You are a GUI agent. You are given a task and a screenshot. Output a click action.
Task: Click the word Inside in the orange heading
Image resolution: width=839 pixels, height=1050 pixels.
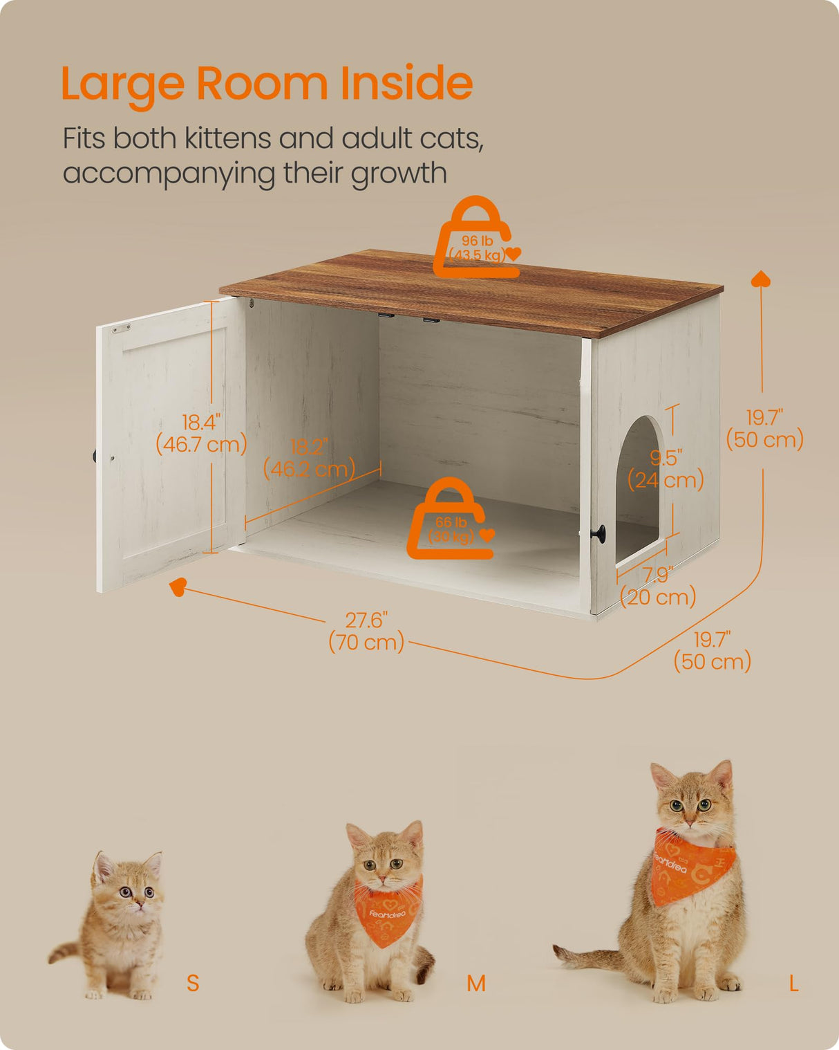pos(406,83)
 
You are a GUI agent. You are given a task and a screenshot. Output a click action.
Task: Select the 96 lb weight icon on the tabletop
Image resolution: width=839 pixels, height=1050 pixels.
pos(477,239)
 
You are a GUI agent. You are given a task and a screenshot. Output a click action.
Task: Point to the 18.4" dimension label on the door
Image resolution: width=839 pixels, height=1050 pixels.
pos(201,433)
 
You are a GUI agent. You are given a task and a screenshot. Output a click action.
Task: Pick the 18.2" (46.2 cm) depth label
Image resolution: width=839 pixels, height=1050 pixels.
pos(309,458)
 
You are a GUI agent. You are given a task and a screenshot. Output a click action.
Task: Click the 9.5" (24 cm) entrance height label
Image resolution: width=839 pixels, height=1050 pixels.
pos(666,468)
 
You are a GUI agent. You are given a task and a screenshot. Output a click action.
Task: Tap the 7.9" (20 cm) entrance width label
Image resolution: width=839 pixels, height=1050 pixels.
pos(658,586)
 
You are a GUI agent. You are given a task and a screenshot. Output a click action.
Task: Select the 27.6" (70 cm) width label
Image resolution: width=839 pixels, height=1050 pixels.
pos(366,631)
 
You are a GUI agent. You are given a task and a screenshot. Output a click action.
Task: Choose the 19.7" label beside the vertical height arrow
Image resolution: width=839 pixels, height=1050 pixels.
pos(764,428)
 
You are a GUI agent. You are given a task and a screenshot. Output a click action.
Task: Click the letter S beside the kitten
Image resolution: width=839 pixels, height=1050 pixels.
pos(193,982)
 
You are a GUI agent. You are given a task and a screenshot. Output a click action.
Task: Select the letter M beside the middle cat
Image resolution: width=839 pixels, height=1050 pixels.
pos(475,983)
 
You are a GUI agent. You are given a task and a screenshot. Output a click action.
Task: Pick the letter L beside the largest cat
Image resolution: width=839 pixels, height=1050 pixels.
pos(793,983)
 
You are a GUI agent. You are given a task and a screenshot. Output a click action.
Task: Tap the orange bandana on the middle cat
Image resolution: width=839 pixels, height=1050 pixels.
pos(387,912)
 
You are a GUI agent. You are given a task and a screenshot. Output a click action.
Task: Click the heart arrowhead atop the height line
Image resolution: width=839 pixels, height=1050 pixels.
pos(761,279)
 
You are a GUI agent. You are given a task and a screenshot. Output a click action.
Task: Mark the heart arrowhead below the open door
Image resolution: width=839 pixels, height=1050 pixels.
pos(178,587)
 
